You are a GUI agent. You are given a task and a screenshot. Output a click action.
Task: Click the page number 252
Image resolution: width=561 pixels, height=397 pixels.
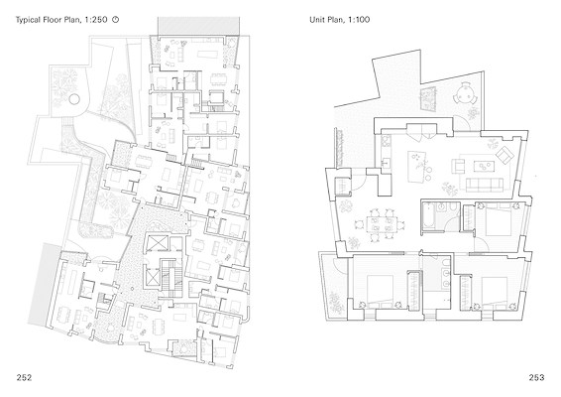coord(24,377)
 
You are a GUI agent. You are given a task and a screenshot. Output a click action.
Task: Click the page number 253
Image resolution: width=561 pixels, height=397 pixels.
coord(536,377)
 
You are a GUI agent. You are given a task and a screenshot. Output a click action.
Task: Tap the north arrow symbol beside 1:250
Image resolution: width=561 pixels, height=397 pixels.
coord(115,19)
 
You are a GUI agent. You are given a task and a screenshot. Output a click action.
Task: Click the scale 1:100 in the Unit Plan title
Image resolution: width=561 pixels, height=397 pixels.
coord(359,19)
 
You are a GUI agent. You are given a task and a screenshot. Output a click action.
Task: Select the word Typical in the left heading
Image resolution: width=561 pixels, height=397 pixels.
coord(27,20)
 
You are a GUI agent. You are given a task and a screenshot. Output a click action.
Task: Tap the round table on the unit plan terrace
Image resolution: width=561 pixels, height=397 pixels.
coord(465,93)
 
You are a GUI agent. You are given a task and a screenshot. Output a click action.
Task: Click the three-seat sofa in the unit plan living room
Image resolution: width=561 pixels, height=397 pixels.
coord(484,185)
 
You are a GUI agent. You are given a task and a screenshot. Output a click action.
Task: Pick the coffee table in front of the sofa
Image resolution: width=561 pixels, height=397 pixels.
coord(484,166)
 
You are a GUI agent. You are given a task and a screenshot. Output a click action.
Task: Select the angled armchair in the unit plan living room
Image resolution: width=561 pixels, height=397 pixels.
coord(505,155)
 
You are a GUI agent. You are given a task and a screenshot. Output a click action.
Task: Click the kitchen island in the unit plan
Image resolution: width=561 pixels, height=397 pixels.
coord(417,167)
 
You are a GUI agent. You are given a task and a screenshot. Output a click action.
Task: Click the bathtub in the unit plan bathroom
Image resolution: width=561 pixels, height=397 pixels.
coord(428,215)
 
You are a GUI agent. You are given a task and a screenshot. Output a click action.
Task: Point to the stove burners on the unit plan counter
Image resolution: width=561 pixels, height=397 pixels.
coord(386,142)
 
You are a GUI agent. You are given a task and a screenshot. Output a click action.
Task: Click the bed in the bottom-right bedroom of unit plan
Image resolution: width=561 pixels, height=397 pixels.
coord(495,290)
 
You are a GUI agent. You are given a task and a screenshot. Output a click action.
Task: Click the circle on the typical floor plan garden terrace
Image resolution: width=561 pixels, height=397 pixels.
coord(74,99)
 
